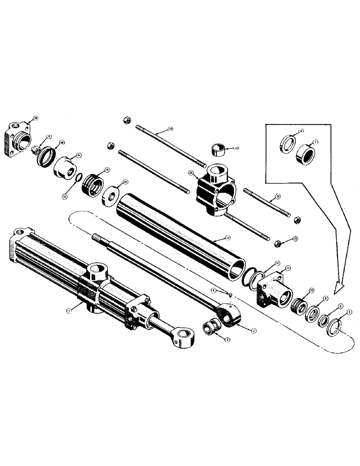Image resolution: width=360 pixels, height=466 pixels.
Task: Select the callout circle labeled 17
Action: pyautogui.click(x=80, y=155)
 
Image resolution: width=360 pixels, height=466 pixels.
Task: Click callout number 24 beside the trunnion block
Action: pyautogui.click(x=191, y=173)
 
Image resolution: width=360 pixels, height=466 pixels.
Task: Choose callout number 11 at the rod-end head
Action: pyautogui.click(x=288, y=268)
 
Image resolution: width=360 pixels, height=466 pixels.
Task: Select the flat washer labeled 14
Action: pyautogui.click(x=110, y=194)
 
